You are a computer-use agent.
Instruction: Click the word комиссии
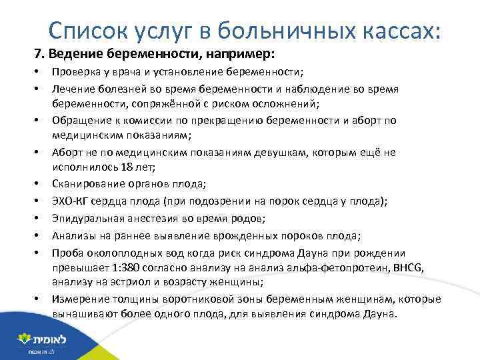pyautogui.click(x=143, y=120)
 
